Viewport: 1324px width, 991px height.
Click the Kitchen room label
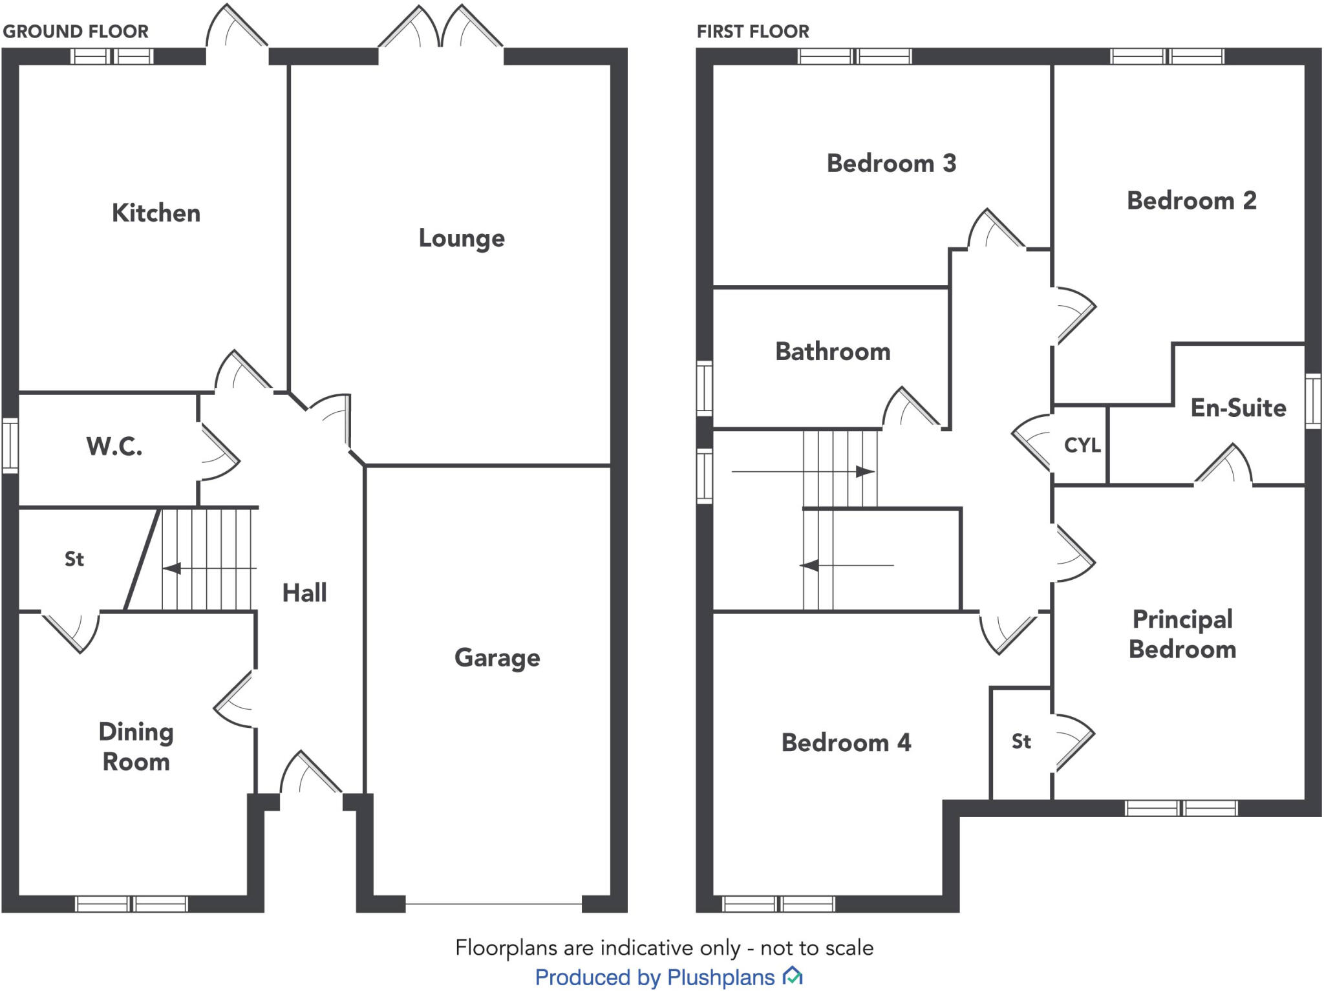click(x=156, y=213)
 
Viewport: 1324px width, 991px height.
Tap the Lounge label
click(x=461, y=238)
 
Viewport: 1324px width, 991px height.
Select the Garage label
click(x=497, y=657)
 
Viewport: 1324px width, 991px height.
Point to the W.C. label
click(x=114, y=446)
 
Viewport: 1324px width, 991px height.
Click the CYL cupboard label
click(x=1082, y=445)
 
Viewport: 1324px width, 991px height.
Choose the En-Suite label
click(x=1237, y=408)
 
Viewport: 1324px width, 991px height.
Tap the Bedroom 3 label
click(x=891, y=163)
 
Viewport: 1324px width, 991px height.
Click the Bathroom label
click(x=832, y=352)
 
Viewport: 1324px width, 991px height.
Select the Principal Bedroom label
click(x=1182, y=634)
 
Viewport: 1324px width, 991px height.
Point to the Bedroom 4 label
click(x=846, y=742)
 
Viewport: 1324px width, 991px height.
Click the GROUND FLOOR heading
click(x=76, y=31)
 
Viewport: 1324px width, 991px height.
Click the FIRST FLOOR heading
click(x=753, y=31)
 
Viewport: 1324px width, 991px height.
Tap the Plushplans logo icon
click(x=793, y=975)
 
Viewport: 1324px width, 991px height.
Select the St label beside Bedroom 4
click(x=1021, y=741)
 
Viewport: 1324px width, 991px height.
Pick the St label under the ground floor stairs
click(x=74, y=559)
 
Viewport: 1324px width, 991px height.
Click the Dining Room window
click(x=131, y=903)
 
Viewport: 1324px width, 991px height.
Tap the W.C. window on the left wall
click(x=10, y=445)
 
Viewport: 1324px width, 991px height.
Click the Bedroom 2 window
click(x=1166, y=56)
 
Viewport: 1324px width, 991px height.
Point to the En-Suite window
click(x=1312, y=401)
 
